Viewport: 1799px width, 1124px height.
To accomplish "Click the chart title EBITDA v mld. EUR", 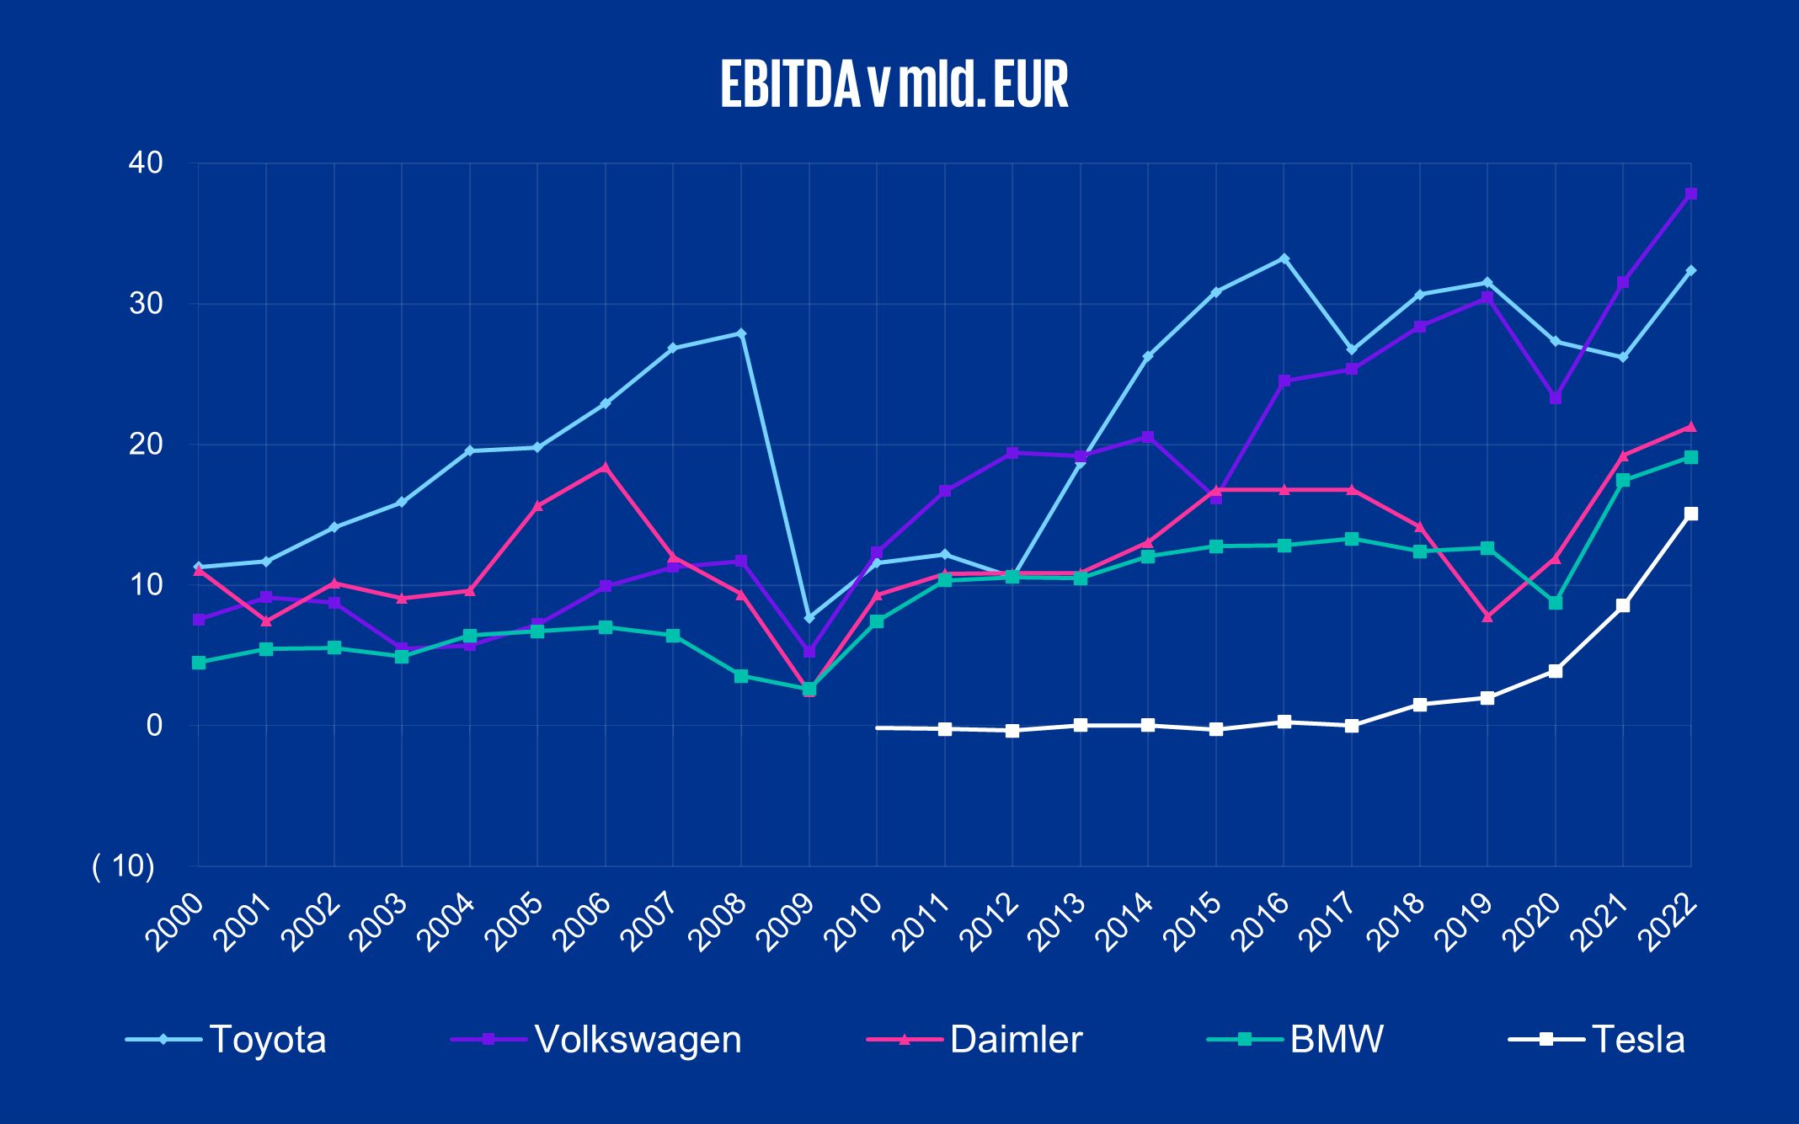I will [894, 84].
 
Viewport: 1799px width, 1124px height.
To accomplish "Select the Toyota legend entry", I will [267, 1040].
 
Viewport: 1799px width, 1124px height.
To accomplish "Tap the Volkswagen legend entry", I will [638, 1040].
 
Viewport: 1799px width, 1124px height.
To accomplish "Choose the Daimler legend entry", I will [1015, 1040].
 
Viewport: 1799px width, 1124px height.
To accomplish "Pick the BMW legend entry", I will [1336, 1040].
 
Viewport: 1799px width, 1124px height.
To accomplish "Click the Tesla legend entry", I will [1637, 1040].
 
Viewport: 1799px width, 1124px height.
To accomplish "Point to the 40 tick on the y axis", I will [144, 162].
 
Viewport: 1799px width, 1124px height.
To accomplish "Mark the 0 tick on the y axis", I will [153, 725].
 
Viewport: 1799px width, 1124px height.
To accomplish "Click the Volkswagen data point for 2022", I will [1690, 194].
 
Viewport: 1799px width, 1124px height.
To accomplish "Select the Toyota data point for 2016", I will [1284, 258].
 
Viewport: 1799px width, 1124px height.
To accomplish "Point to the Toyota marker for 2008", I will [741, 333].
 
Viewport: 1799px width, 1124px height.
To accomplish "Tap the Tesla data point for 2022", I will [1690, 514].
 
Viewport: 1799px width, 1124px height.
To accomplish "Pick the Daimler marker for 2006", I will [606, 466].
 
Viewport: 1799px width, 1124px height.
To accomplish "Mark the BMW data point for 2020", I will [1555, 603].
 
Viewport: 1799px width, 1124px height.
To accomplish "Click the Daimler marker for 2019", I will [1487, 617].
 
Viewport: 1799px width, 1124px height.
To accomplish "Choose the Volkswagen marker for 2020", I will [1555, 397].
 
